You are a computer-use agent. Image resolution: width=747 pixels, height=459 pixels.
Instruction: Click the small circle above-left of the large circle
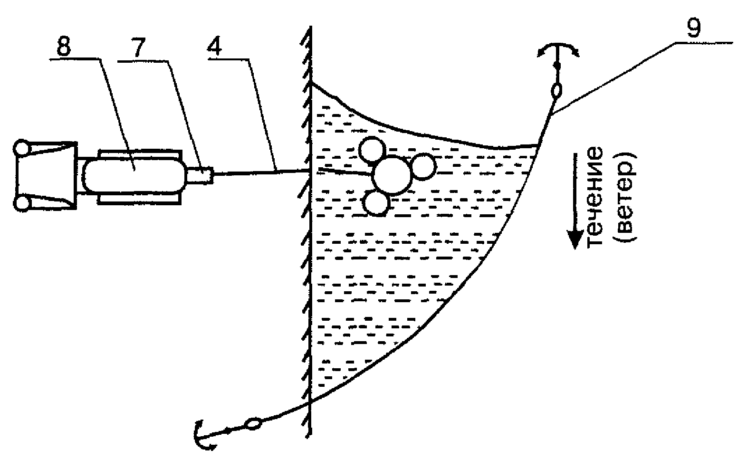point(373,149)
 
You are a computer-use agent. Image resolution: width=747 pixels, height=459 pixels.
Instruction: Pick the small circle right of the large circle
point(422,166)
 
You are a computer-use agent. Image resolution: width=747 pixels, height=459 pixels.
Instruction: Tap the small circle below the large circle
point(377,204)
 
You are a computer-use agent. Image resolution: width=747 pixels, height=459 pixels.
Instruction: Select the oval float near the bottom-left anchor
point(253,423)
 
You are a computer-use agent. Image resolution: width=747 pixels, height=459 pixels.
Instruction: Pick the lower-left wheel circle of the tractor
point(22,204)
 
